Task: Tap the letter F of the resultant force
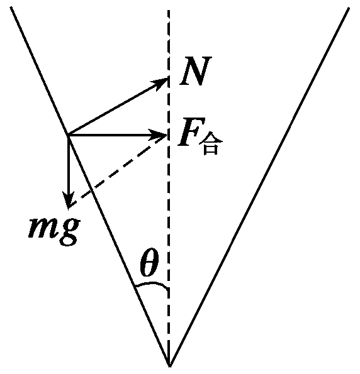tap(188, 134)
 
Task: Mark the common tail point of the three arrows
tap(68, 135)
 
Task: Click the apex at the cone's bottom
tap(169, 364)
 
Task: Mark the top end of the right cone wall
tap(348, 9)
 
